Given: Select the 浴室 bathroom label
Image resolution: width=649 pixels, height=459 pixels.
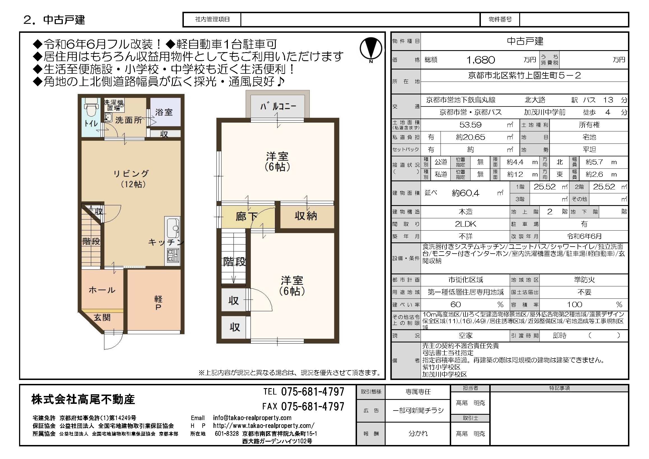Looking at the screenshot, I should [x=164, y=112].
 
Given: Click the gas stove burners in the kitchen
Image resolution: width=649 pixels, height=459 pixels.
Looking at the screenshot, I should [x=173, y=256].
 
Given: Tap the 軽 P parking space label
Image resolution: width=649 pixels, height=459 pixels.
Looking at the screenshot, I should [x=158, y=303].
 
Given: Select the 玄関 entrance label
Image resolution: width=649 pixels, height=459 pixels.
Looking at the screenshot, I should [x=102, y=317].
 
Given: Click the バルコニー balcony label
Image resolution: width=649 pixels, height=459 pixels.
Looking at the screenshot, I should [x=278, y=106].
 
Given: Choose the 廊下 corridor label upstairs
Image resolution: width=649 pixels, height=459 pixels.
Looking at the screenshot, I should [x=246, y=217].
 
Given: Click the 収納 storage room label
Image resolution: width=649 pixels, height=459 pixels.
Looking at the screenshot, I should [x=305, y=216].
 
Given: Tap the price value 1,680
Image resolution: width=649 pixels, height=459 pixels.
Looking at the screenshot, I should [x=480, y=60].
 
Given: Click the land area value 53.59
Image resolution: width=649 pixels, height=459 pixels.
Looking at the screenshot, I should [x=470, y=125].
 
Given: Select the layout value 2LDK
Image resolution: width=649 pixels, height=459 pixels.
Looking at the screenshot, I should [x=465, y=224].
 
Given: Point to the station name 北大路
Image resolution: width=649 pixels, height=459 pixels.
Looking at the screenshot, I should [x=535, y=100].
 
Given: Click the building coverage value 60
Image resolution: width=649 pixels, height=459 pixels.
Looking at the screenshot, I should [x=455, y=304].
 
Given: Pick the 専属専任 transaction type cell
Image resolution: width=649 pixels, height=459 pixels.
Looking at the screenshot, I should [x=418, y=392].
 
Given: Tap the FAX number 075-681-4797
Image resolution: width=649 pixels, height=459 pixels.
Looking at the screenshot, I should [x=313, y=406].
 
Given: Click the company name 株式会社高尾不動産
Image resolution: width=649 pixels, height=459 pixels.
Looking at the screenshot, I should [x=83, y=399].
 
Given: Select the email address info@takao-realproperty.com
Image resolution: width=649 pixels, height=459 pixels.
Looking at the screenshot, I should [x=252, y=418].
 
